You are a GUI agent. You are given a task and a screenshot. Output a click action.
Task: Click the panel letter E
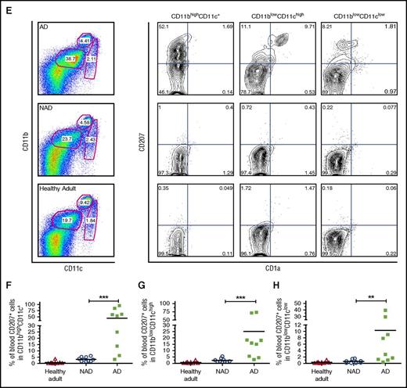[x=6, y=6]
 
